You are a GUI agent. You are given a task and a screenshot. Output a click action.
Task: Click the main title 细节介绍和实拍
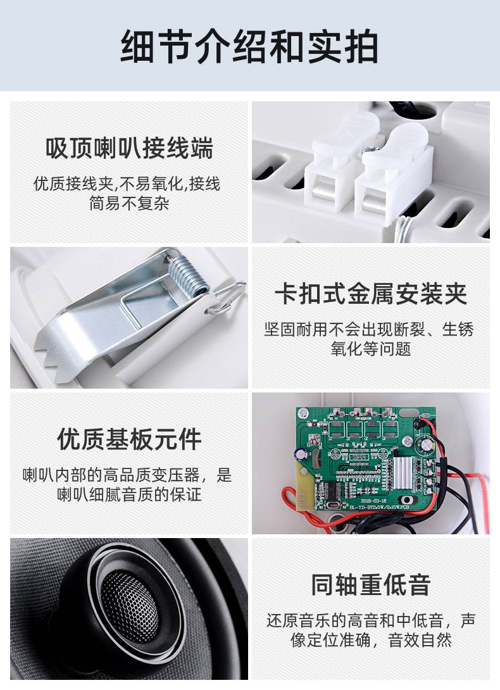click(249, 46)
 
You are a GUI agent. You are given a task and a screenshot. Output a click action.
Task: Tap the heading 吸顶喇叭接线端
click(129, 147)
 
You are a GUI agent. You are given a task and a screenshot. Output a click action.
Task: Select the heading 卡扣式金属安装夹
click(371, 294)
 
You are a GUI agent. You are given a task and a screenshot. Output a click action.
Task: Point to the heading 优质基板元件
click(129, 439)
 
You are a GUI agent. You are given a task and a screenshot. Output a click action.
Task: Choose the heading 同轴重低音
click(371, 584)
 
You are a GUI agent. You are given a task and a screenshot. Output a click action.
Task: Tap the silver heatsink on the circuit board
click(403, 473)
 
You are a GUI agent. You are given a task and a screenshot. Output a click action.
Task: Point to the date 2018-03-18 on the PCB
click(373, 501)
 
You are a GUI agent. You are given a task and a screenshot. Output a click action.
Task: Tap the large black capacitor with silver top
click(427, 444)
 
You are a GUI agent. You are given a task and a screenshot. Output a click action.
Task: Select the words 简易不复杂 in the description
click(129, 203)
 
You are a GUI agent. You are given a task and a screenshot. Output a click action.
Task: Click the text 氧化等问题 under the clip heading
click(371, 349)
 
